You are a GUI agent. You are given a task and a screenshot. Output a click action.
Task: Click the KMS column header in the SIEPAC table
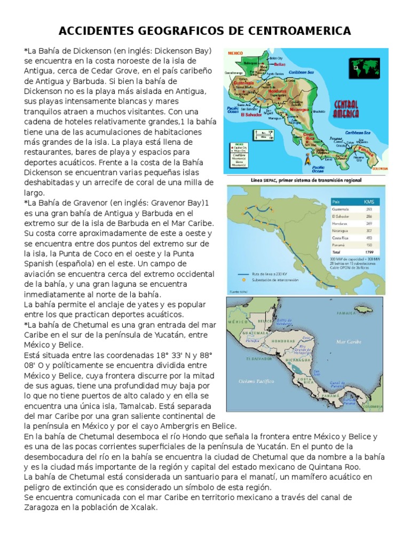(369, 202)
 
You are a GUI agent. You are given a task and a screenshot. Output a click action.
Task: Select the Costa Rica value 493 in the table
(368, 237)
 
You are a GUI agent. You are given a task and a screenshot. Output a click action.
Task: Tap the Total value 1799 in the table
(369, 251)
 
